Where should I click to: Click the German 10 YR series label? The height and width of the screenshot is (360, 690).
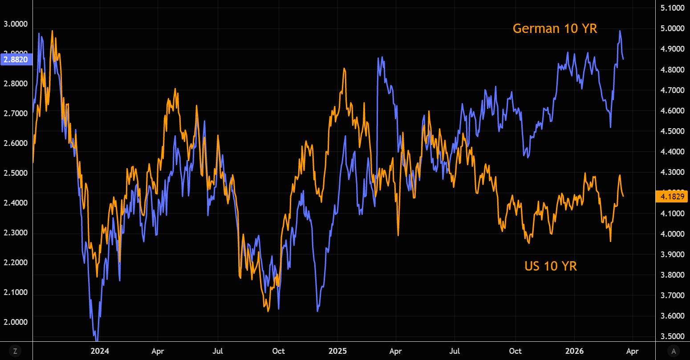pos(555,28)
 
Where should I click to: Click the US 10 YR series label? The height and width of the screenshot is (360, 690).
pos(551,266)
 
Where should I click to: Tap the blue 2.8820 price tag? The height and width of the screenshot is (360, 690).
pos(16,59)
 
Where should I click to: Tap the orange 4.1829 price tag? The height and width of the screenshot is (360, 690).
pos(672,196)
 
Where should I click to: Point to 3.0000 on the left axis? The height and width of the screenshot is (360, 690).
pos(16,24)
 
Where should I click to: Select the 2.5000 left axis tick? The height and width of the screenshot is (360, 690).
pos(16,173)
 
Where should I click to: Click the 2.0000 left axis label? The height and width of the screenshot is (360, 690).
pos(16,322)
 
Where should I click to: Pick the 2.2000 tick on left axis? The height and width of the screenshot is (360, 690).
pos(16,263)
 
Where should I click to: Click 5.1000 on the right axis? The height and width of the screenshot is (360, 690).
pos(672,8)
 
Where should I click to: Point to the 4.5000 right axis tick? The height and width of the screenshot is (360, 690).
pos(672,131)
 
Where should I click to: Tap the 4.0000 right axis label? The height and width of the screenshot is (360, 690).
pos(672,234)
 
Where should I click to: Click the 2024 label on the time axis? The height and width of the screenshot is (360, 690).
pos(99,351)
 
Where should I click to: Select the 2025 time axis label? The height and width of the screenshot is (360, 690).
pos(337,351)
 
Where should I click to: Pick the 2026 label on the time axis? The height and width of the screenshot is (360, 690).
pos(574,351)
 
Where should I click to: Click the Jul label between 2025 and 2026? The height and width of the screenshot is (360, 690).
pos(455,351)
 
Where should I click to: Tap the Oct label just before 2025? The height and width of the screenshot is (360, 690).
pos(279,351)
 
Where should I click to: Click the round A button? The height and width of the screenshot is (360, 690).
pos(674,351)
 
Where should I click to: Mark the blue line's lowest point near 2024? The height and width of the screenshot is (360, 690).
pos(97,340)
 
